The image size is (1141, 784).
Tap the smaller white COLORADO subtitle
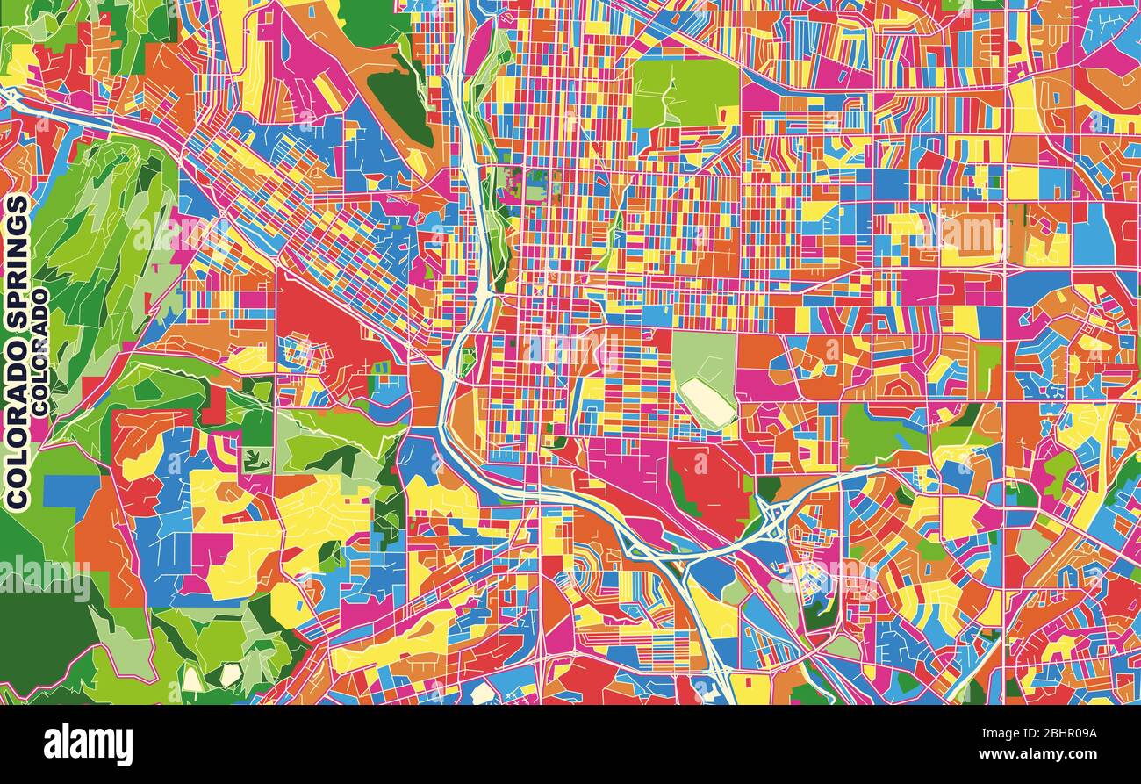(40, 352)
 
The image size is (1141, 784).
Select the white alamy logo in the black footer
(88, 744)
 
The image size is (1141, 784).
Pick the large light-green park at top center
(685, 93)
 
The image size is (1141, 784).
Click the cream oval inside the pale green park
(708, 401)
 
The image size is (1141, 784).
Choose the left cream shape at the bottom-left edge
(192, 679)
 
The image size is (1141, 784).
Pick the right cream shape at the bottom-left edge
(230, 674)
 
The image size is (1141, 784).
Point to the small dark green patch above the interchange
(767, 488)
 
